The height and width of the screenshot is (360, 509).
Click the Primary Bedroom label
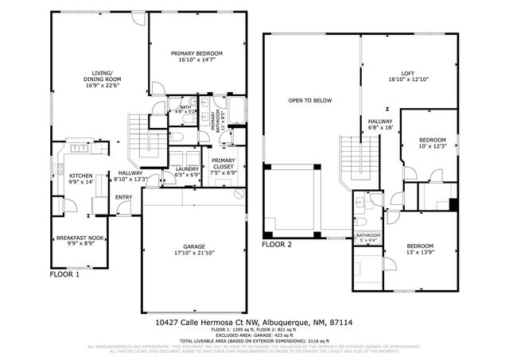[x=196, y=56]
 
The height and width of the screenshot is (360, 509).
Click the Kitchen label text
[x=81, y=179]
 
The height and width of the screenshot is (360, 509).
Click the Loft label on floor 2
[x=407, y=76]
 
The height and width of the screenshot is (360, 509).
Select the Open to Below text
[x=310, y=101]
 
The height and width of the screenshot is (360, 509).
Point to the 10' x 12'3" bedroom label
[x=433, y=143]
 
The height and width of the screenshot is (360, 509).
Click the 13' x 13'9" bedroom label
[x=422, y=249]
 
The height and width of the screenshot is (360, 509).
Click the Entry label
[x=124, y=198]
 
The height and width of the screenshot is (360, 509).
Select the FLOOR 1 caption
[x=64, y=274]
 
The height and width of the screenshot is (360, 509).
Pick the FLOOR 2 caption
[x=278, y=245]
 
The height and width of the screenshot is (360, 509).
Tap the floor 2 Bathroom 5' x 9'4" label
[x=367, y=238]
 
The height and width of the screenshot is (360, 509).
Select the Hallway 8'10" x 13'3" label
[x=130, y=176]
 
